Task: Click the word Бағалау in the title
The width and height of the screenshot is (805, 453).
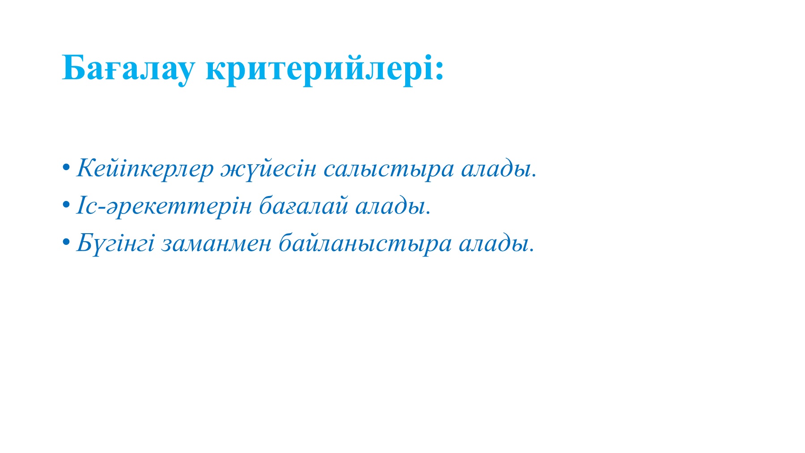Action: coord(129,68)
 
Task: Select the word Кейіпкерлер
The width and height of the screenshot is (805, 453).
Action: coord(145,169)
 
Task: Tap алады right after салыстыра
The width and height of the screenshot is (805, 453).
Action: coord(496,169)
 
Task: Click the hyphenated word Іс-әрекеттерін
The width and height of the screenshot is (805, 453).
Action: coord(164,206)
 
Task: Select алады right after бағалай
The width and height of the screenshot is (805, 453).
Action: coord(391,206)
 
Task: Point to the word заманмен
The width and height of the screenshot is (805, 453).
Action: coord(216,244)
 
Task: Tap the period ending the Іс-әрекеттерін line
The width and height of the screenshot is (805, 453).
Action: coord(429,213)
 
